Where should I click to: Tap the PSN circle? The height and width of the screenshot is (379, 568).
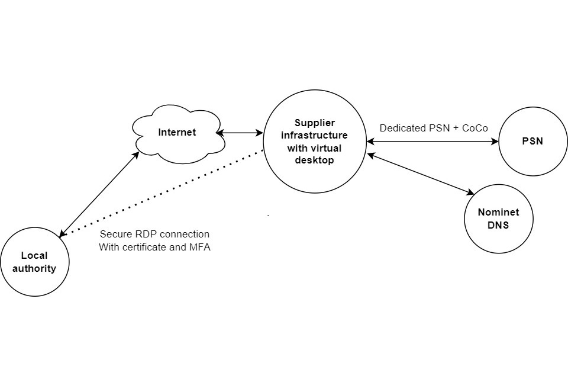point(533,142)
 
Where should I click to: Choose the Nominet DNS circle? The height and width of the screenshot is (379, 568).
point(498,219)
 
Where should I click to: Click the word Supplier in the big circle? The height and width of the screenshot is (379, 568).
point(314,123)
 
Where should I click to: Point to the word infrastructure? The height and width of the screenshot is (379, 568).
point(314,136)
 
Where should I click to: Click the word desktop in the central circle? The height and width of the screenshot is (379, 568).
point(314,160)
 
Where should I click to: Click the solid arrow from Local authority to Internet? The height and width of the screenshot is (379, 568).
point(99,192)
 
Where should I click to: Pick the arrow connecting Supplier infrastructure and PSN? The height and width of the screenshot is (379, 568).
point(433,142)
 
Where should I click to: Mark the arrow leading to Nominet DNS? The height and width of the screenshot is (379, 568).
point(421,174)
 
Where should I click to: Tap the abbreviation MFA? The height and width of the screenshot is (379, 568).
point(199,247)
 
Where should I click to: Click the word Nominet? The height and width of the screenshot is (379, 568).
point(498,213)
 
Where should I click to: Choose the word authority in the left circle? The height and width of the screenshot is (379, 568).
point(35,268)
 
